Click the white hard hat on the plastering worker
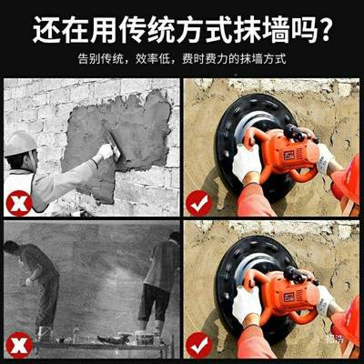(x=19, y=143)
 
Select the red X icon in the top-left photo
(x=18, y=202)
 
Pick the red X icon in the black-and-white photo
(x=18, y=344)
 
